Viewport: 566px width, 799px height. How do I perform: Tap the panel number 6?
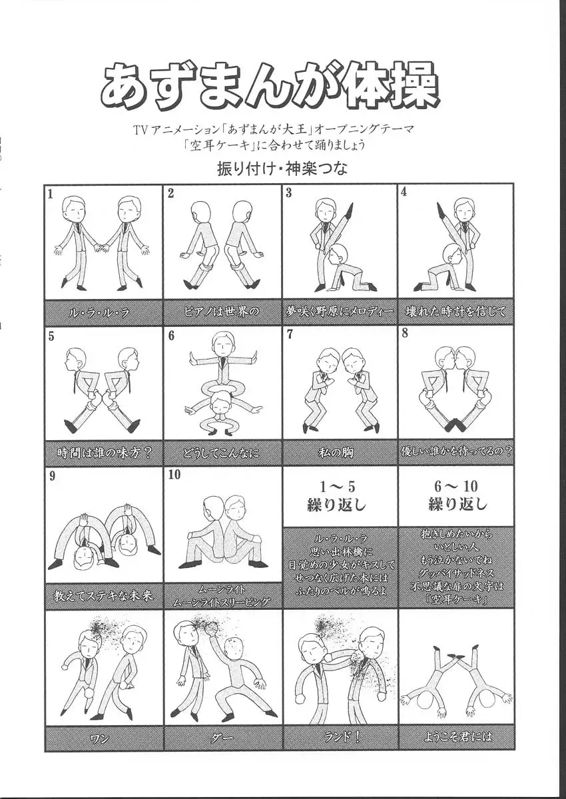click(x=171, y=336)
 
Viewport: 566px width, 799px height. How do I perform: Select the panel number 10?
click(x=174, y=475)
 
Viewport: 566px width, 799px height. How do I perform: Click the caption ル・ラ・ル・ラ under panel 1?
click(x=103, y=312)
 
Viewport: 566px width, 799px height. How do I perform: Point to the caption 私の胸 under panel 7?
click(x=340, y=453)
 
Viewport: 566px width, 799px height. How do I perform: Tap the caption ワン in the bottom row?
click(x=103, y=738)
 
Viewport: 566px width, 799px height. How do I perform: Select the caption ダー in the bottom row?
click(x=222, y=738)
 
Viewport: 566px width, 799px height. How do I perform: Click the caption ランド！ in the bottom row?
click(x=340, y=738)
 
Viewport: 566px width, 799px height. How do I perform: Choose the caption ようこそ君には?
click(x=457, y=738)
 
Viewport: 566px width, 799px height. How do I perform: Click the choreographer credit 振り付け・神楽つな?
click(x=282, y=169)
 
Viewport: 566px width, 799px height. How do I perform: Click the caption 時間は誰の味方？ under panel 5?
click(x=103, y=453)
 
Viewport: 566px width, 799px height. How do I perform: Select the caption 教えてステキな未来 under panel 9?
click(x=103, y=596)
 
